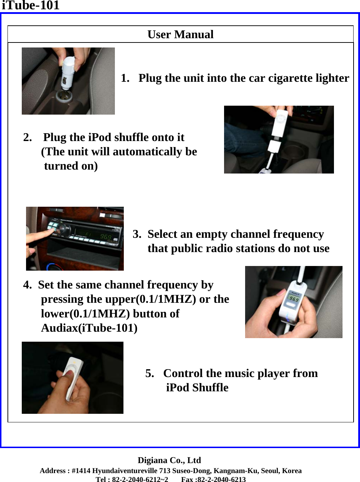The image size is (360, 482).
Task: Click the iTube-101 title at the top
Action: (x=30, y=5)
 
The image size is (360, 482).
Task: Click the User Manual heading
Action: (x=180, y=35)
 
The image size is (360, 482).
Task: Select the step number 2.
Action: (x=27, y=137)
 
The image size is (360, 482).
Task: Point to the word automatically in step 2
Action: (x=147, y=152)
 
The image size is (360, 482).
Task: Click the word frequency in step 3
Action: (x=298, y=235)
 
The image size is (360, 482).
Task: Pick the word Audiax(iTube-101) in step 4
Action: (x=89, y=328)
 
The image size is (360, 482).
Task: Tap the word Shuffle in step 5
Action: (x=210, y=387)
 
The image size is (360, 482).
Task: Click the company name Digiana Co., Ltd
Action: (x=169, y=460)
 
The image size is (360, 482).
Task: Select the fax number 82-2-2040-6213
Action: (x=222, y=480)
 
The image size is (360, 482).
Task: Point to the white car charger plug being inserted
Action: (x=68, y=72)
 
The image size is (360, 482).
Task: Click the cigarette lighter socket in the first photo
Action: (x=64, y=96)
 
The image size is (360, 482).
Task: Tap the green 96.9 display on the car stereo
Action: (x=106, y=236)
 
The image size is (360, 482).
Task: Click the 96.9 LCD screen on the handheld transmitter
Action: (x=294, y=298)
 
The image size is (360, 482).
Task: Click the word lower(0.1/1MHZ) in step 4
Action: (x=85, y=314)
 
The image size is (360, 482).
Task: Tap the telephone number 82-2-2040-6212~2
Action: (x=140, y=480)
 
